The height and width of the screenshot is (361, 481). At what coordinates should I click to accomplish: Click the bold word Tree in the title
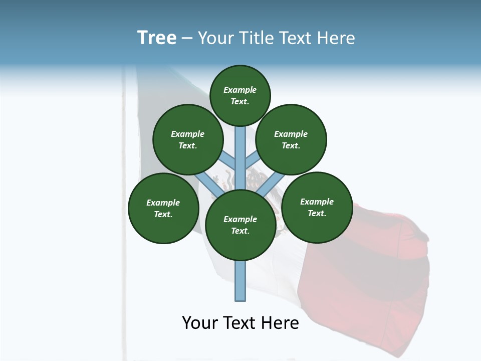pos(157,38)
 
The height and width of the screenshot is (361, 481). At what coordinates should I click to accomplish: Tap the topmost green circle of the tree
pos(240,95)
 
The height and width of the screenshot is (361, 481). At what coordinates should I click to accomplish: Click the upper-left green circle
pos(188,139)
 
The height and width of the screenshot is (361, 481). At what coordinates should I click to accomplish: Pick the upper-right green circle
pos(291,139)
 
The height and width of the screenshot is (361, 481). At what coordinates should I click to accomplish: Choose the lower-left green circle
pos(163,208)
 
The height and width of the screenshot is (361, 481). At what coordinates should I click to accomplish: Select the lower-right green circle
pos(317,207)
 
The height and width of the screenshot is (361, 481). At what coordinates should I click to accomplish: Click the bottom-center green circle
pos(241,225)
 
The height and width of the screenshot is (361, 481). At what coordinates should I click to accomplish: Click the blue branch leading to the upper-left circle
pos(228,161)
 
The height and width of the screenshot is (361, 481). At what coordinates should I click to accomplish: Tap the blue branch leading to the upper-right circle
pos(252,160)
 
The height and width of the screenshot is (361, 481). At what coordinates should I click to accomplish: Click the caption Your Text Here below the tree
pos(241,323)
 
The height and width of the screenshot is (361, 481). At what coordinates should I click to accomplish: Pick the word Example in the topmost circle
pos(240,90)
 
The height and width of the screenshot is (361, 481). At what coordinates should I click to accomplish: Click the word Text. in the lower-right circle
pos(317,213)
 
